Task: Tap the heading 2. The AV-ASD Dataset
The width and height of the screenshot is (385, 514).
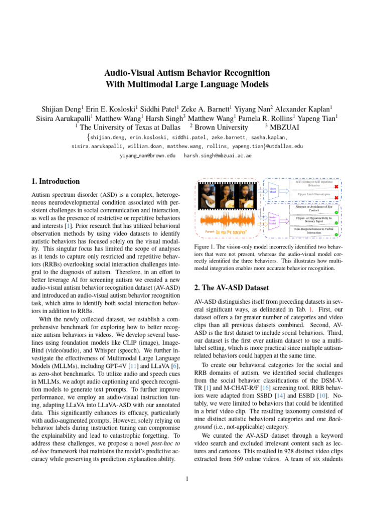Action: [x=231, y=288]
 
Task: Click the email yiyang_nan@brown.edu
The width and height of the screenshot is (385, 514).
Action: [x=147, y=156]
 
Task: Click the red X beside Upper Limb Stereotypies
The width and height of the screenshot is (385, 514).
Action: [x=336, y=198]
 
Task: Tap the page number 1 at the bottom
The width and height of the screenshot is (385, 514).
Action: [x=186, y=478]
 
